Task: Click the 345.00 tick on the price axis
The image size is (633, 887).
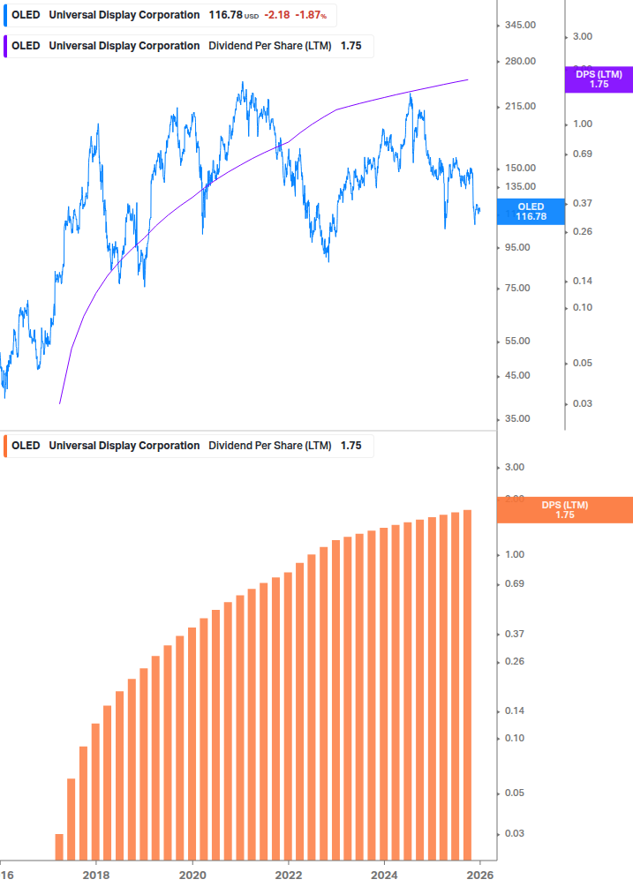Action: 520,25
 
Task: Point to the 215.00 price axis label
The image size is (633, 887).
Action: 520,106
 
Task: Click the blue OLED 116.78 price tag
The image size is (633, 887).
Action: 531,211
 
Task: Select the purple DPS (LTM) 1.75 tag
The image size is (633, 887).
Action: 599,79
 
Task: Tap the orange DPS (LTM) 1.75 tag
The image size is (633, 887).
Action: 565,509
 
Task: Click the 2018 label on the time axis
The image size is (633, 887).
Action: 96,875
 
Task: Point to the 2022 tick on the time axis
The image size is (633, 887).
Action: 289,875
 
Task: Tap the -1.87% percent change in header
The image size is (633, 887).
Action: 310,15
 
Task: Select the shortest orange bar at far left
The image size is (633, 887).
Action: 59,846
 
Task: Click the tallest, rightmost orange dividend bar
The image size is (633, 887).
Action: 467,684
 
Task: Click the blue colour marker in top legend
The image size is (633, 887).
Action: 5,15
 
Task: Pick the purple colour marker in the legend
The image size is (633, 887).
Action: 5,46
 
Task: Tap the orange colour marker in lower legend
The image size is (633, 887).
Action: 5,446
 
